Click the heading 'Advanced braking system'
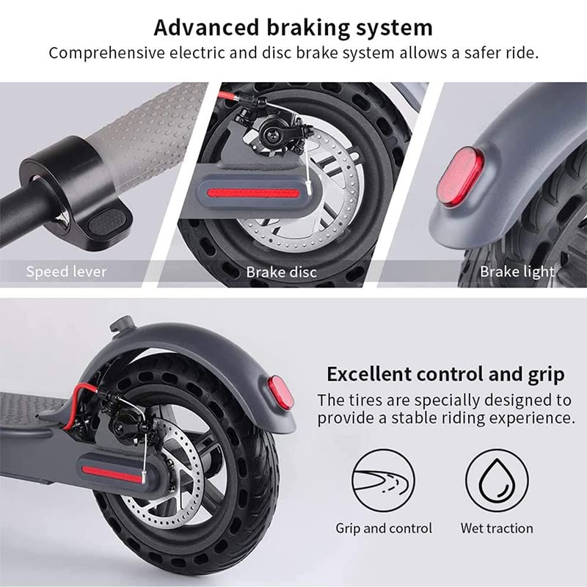coord(293,28)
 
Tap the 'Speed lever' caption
coord(66,271)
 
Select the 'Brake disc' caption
coord(281,272)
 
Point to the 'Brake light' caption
coord(517,271)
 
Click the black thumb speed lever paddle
coord(108,221)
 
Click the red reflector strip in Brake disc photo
coord(253,194)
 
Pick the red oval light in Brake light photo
coord(459,176)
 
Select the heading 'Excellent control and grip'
coord(445,374)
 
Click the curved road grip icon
coord(383,481)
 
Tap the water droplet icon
coord(497,481)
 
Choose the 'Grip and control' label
coord(384,528)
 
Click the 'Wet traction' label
coord(497,528)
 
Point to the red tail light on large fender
coord(281,393)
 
